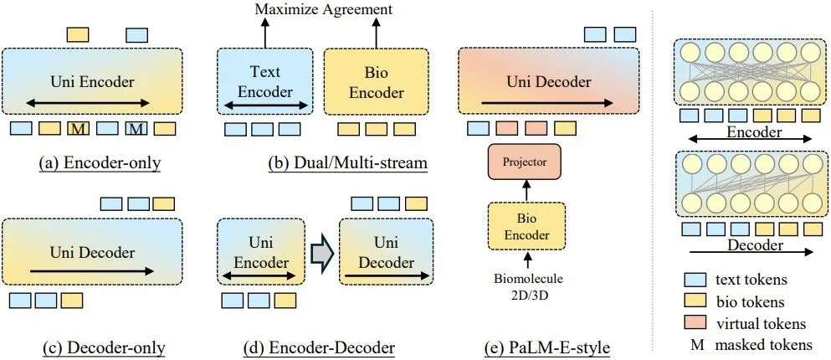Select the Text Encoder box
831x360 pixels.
click(265, 81)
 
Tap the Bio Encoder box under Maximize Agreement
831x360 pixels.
click(376, 81)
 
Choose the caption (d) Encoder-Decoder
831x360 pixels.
click(332, 347)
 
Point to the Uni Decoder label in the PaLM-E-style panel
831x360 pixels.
click(548, 81)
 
